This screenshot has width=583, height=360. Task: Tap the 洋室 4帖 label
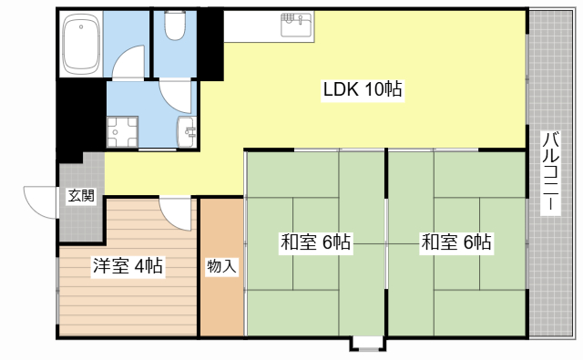point(128,266)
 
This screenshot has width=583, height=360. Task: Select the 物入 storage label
point(221,267)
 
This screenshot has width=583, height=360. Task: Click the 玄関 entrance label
point(80,197)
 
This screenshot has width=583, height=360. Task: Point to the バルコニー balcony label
point(551,173)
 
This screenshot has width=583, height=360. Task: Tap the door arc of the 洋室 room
point(174,211)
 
